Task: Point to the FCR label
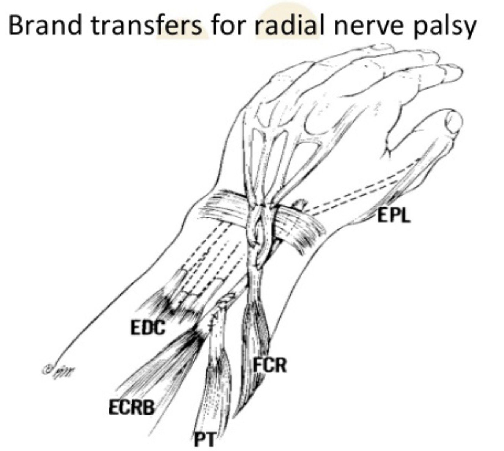[x=270, y=366]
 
